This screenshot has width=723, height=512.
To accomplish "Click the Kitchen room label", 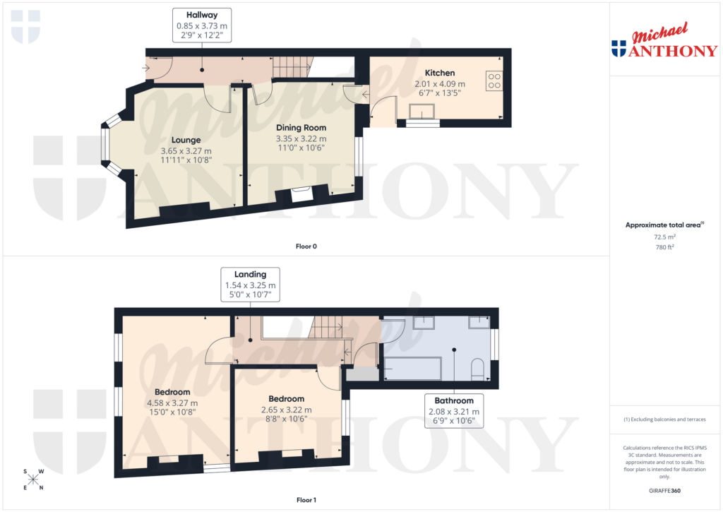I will pyautogui.click(x=439, y=73).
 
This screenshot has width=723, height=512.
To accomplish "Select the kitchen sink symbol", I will pyautogui.click(x=424, y=112).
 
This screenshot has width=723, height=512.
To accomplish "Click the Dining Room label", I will pyautogui.click(x=300, y=127).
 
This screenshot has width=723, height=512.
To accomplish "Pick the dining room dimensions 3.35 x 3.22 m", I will pyautogui.click(x=300, y=138).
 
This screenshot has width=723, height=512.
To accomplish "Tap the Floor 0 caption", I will pyautogui.click(x=306, y=246).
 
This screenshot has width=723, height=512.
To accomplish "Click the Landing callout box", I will pyautogui.click(x=251, y=285).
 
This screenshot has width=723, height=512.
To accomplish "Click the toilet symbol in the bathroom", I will pyautogui.click(x=477, y=369).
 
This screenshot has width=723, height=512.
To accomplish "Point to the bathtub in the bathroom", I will pyautogui.click(x=411, y=369).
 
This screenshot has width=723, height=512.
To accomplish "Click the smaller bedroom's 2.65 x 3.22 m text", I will pyautogui.click(x=286, y=409).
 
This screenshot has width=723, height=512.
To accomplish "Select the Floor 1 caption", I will pyautogui.click(x=306, y=500).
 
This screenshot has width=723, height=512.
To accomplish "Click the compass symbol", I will pyautogui.click(x=33, y=480).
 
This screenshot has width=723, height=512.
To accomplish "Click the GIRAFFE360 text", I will pyautogui.click(x=664, y=491).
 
